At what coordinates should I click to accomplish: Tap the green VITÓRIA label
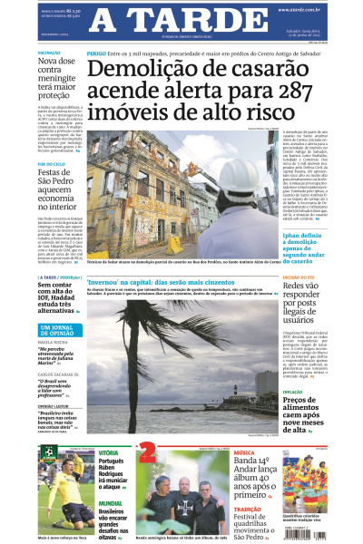108,452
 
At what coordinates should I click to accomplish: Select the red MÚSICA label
243,452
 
